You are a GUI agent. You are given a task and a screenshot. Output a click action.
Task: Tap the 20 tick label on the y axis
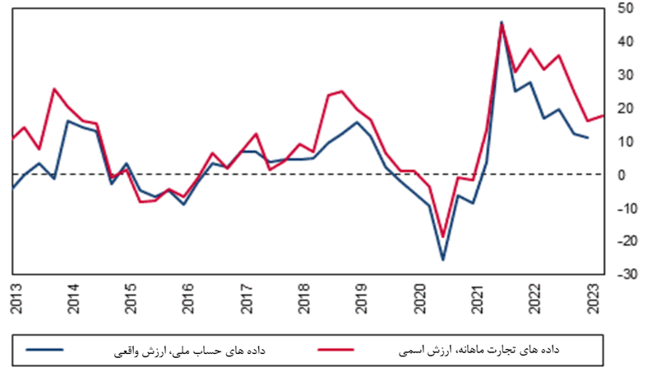(625, 108)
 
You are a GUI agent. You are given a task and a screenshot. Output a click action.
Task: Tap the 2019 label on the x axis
(362, 298)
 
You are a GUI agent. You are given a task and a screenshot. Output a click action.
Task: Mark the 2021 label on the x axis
(477, 298)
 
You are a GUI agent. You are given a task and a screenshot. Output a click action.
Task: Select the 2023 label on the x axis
(592, 298)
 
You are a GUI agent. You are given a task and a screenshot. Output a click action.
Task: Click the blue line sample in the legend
(44, 349)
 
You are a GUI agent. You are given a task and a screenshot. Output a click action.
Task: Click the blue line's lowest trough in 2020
(443, 259)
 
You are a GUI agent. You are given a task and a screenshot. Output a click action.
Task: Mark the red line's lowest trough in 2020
(443, 237)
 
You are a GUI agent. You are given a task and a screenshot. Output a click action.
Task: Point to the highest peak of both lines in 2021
(502, 22)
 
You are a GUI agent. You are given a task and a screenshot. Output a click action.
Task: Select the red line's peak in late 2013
(54, 89)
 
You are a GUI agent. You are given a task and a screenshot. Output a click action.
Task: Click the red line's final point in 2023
(603, 116)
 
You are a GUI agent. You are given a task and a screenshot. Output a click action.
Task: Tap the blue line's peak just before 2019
(356, 122)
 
